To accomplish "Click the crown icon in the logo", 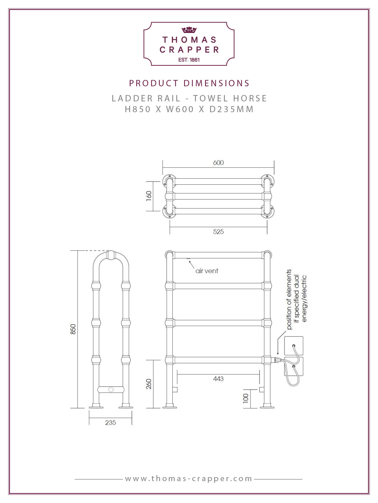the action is tap(189, 30).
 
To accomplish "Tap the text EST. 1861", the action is tap(189, 60).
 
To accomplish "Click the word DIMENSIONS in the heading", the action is tap(216, 83).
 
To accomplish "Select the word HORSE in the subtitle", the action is tap(250, 98).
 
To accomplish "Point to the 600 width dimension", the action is tap(218, 163).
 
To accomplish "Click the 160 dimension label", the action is tap(149, 196).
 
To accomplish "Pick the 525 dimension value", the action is tap(218, 232).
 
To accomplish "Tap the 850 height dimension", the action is tap(73, 329).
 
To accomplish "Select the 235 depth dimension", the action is tap(110, 423).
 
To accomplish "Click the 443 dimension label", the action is tap(218, 379).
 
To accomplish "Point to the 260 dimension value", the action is tap(149, 384).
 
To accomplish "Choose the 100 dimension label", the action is tap(246, 398).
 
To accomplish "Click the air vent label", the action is tap(207, 271).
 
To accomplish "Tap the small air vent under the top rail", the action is tap(188, 258).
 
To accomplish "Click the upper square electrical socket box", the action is tap(294, 346).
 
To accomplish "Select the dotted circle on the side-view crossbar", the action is tap(111, 390).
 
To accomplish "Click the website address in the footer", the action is tap(189, 479).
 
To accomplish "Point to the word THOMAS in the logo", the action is tap(189, 40).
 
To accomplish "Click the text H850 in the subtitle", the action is tap(138, 109).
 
